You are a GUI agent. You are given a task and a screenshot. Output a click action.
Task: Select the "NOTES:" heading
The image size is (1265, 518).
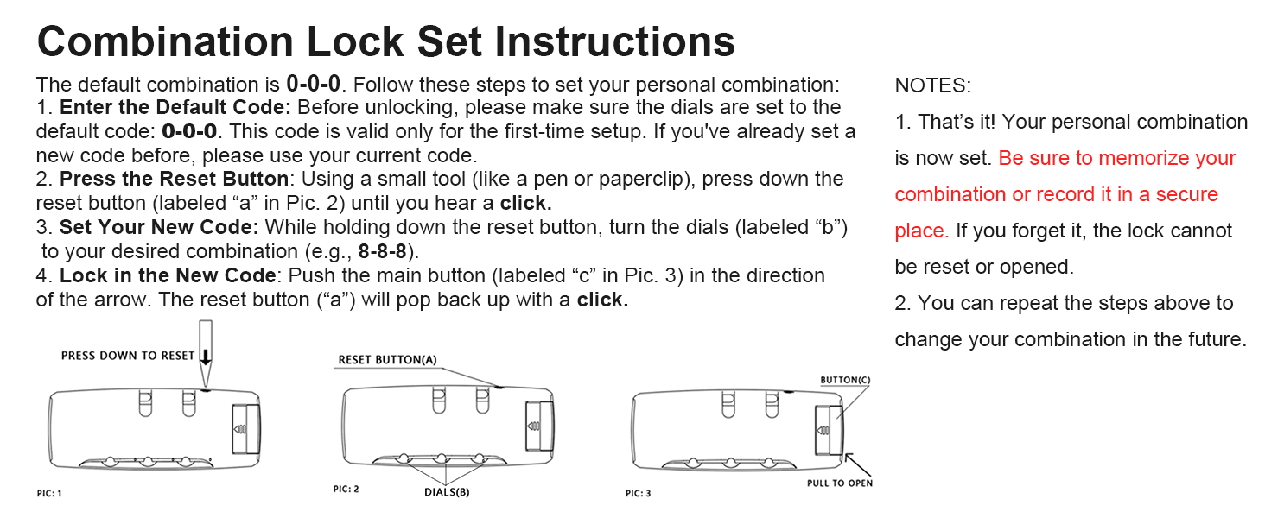click(932, 85)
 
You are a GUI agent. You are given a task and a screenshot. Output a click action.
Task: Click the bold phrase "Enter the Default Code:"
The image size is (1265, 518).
click(175, 108)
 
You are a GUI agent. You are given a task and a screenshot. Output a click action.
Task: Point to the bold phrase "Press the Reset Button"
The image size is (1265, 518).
click(174, 180)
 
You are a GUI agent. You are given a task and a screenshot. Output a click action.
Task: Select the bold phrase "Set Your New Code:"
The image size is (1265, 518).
click(160, 228)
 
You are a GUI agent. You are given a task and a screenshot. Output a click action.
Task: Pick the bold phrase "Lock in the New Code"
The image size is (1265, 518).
click(166, 276)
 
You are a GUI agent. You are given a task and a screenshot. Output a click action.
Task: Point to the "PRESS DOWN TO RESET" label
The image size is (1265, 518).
click(128, 356)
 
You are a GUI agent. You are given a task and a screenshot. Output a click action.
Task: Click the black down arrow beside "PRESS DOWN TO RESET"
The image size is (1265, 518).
click(206, 356)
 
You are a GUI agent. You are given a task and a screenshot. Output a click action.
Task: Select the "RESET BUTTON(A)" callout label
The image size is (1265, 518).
click(387, 360)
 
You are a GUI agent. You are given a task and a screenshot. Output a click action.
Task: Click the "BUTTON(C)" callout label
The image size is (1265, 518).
click(845, 380)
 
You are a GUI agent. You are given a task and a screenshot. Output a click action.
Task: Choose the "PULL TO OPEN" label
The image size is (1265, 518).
click(840, 483)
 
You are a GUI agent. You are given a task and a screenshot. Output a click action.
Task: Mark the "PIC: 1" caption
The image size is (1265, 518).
click(49, 493)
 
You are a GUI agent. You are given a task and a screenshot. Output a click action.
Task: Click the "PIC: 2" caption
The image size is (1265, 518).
click(346, 490)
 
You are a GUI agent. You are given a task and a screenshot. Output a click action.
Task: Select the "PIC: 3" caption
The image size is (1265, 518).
click(638, 493)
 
